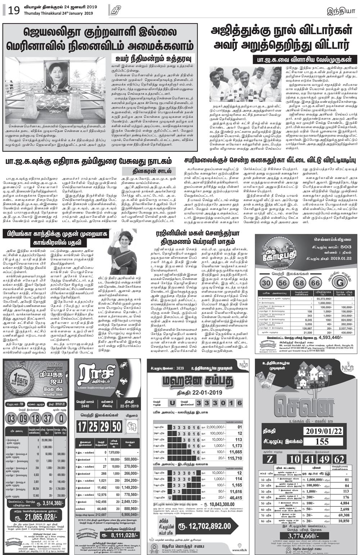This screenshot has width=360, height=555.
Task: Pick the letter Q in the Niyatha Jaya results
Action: click(63, 418)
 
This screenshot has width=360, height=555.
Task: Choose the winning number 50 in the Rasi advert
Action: click(116, 427)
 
